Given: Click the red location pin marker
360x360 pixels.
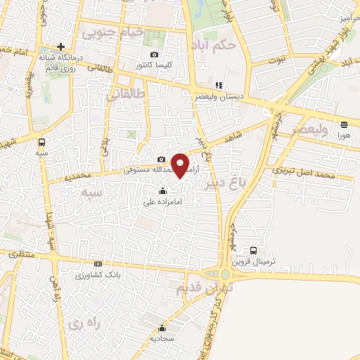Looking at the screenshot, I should [181, 165].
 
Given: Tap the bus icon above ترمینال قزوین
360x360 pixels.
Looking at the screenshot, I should [253, 250].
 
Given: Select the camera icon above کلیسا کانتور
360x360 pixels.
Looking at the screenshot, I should [155, 55].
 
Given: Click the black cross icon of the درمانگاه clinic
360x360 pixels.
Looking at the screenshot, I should [61, 46].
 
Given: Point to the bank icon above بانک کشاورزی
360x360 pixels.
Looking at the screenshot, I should [98, 264].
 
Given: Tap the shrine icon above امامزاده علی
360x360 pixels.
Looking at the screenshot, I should [163, 191].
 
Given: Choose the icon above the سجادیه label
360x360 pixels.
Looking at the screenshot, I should [162, 327].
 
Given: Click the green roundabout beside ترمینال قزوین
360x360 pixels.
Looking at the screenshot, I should [226, 275].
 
